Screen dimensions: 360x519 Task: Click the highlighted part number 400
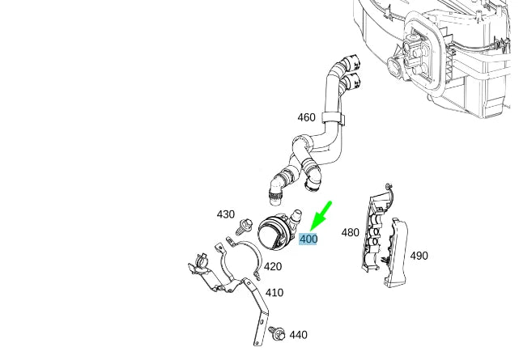308,239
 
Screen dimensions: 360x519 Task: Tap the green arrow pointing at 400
321,215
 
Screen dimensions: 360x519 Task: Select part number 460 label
306,117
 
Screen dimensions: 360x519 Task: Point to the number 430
226,214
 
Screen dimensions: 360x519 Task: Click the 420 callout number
273,267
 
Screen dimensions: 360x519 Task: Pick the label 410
274,293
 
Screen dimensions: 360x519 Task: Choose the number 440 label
298,335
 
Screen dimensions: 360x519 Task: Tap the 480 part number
350,233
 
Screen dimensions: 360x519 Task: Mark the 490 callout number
419,256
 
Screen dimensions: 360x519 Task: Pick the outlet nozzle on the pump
297,216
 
